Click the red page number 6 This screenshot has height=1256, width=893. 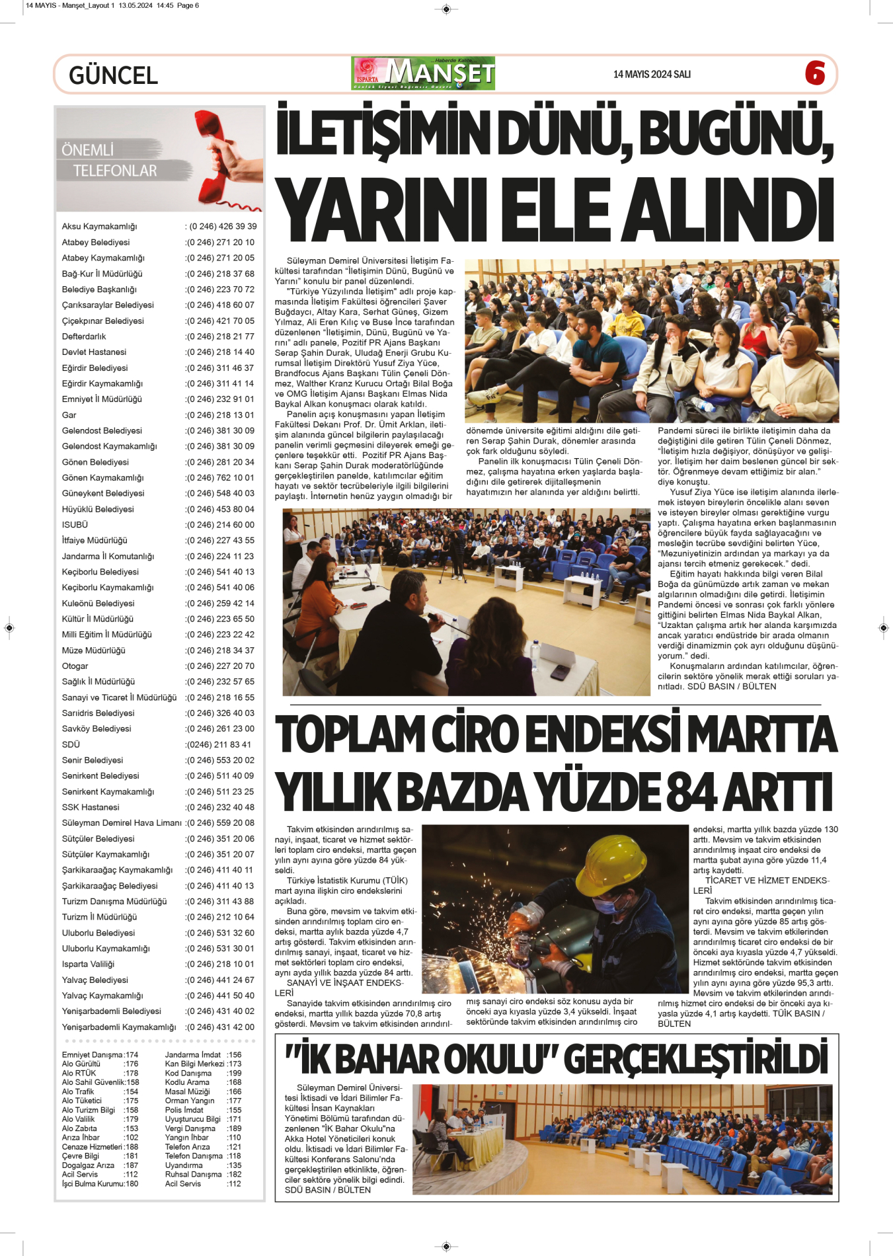click(x=814, y=73)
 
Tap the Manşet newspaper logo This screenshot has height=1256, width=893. click(x=423, y=73)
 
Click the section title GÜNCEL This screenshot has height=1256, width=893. click(x=113, y=75)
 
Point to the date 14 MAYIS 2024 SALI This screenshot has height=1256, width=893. click(x=652, y=74)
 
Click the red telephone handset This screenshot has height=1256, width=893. click(x=219, y=155)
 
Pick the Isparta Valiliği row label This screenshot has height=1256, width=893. click(x=88, y=964)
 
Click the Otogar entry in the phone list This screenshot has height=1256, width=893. click(x=75, y=666)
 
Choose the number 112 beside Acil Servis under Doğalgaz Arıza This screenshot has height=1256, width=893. click(x=131, y=1175)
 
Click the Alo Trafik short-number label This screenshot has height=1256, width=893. click(x=78, y=1092)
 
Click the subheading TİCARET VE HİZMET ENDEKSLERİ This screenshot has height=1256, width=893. click(x=760, y=885)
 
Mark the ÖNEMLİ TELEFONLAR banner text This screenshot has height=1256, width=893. click(x=109, y=160)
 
